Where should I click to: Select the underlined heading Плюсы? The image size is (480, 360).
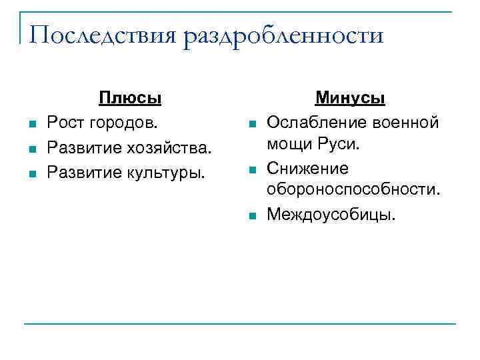pyautogui.click(x=130, y=98)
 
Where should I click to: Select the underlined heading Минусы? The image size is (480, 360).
pyautogui.click(x=350, y=98)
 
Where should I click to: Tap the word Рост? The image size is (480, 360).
pyautogui.click(x=65, y=122)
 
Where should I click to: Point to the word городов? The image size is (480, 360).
pyautogui.click(x=126, y=122)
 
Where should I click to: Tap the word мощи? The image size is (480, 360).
pyautogui.click(x=287, y=145)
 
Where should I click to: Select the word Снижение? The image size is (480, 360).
pyautogui.click(x=307, y=169)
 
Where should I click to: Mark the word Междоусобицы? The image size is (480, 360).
pyautogui.click(x=331, y=215)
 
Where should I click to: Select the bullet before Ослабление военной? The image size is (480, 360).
pyautogui.click(x=251, y=123)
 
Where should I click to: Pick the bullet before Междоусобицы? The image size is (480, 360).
pyautogui.click(x=251, y=216)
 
